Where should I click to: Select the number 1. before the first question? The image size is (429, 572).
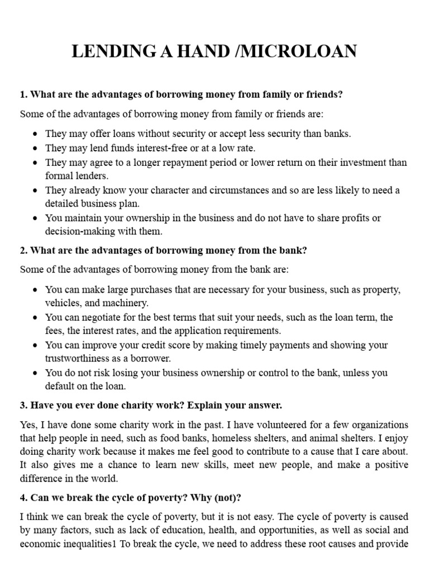tap(23, 94)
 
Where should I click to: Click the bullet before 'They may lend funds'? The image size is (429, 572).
tap(35, 149)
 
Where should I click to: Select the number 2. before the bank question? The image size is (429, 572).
tap(23, 250)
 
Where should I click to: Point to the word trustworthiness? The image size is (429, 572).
tap(80, 358)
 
